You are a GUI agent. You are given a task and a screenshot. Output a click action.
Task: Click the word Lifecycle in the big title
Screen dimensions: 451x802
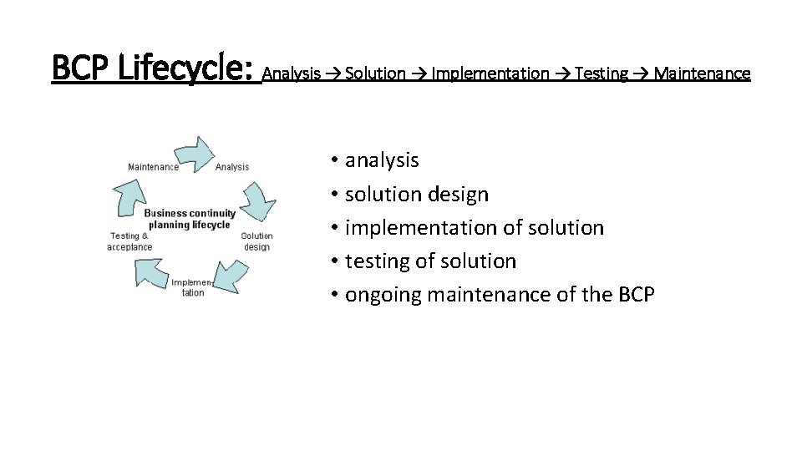tap(186, 68)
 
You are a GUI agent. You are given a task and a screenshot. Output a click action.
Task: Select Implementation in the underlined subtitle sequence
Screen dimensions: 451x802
tap(491, 73)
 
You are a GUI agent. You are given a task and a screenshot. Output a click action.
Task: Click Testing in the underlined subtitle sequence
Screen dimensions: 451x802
tap(601, 73)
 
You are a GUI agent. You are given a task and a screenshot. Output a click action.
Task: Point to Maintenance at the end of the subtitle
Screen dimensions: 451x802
tap(703, 73)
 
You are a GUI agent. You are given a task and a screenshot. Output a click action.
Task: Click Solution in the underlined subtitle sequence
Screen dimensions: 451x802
tap(375, 73)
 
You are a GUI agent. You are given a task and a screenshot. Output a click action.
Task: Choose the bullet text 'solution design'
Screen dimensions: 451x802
tap(417, 195)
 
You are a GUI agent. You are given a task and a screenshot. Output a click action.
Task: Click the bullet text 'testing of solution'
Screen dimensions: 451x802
tap(430, 261)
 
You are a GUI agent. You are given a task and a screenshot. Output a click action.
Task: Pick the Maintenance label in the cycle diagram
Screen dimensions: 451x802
tap(153, 167)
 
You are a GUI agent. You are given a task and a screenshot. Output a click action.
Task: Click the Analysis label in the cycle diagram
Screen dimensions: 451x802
tap(232, 167)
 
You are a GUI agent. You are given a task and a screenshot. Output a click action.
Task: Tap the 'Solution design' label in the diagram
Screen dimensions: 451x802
tap(256, 241)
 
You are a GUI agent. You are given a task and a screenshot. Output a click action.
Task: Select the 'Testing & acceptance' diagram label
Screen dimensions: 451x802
tap(129, 241)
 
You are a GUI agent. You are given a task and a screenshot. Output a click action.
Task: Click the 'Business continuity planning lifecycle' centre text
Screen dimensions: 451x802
tap(190, 219)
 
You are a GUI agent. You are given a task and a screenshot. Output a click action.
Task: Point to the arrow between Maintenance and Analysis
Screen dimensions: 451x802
tap(192, 153)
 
